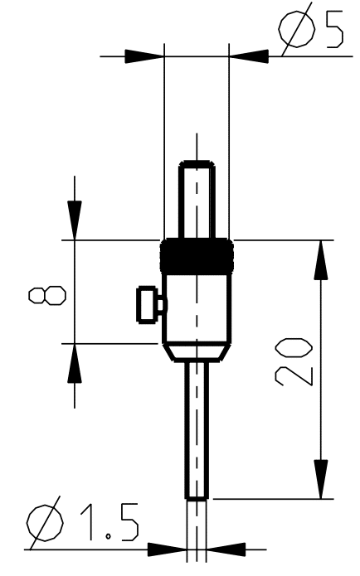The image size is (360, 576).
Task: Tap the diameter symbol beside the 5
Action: pyautogui.click(x=296, y=29)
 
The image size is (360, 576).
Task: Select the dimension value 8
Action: pyautogui.click(x=47, y=295)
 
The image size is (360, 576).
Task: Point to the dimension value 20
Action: pyautogui.click(x=294, y=362)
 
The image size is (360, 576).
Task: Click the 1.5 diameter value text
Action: pyautogui.click(x=109, y=522)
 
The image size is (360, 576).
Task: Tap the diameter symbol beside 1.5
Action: pyautogui.click(x=45, y=522)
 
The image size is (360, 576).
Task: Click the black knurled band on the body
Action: pyautogui.click(x=197, y=256)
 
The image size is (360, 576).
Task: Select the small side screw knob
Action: pyautogui.click(x=151, y=304)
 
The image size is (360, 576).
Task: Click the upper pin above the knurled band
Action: pyautogui.click(x=197, y=200)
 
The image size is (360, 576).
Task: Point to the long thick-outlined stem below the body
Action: pyautogui.click(x=197, y=430)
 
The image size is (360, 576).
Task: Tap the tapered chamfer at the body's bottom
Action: pyautogui.click(x=197, y=353)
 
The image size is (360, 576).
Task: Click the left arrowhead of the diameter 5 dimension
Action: pyautogui.click(x=144, y=56)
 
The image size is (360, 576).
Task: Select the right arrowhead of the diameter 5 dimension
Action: pyautogui.click(x=249, y=56)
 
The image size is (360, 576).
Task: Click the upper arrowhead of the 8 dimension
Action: pyautogui.click(x=75, y=220)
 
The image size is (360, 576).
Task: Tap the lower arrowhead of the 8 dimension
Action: pyautogui.click(x=75, y=363)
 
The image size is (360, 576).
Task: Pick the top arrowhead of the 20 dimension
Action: pyautogui.click(x=321, y=260)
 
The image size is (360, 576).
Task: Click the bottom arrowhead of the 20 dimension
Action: pyautogui.click(x=321, y=479)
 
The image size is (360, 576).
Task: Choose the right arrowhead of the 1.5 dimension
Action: pyautogui.click(x=226, y=549)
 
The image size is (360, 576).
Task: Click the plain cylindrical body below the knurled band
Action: pyautogui.click(x=197, y=309)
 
